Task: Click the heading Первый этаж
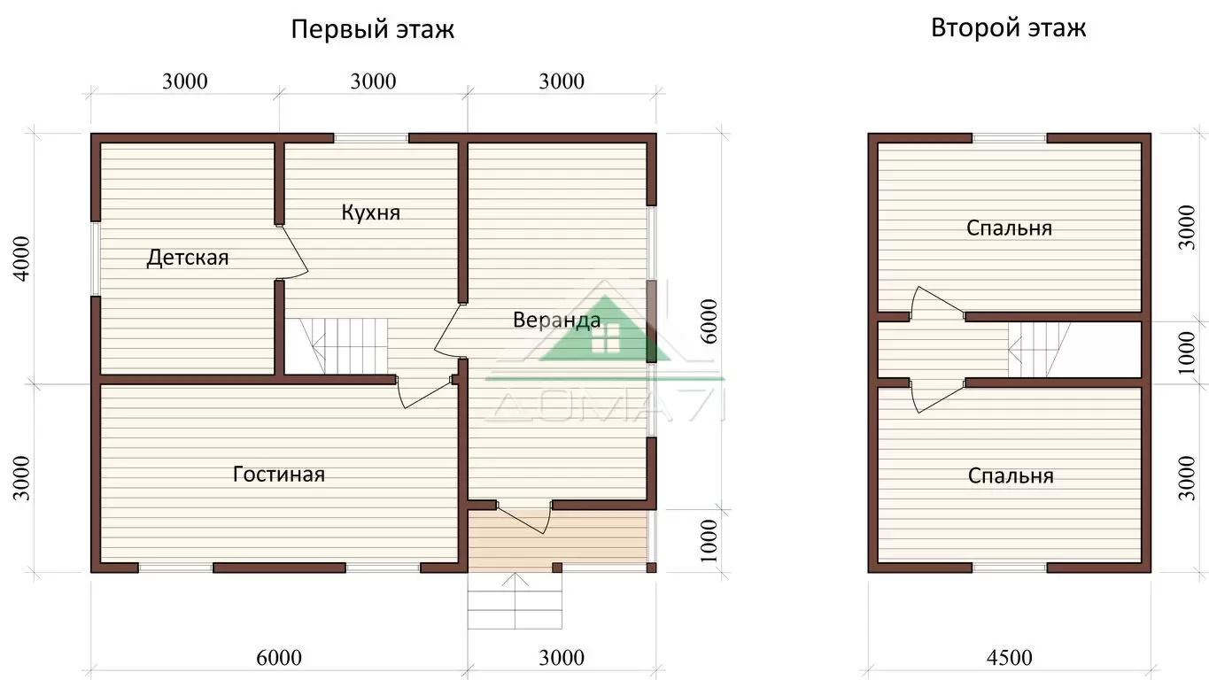click(372, 30)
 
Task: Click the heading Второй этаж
click(1008, 28)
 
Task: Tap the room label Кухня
click(371, 212)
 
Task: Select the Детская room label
click(187, 258)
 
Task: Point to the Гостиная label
click(278, 475)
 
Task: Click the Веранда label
click(556, 320)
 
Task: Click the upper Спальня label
click(1009, 228)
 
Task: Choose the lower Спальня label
click(1011, 476)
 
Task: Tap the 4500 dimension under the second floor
click(1010, 658)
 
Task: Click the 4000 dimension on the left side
click(21, 259)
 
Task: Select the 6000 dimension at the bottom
click(278, 658)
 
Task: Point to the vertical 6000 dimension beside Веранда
click(709, 321)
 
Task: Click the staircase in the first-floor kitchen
click(337, 346)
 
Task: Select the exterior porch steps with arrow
click(515, 600)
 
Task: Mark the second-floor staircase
click(1040, 350)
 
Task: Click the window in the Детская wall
click(95, 259)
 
